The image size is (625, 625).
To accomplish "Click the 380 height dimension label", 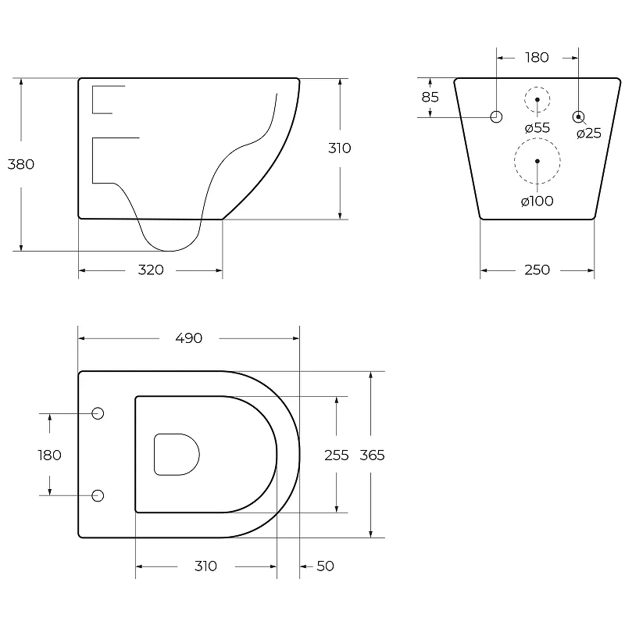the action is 21,164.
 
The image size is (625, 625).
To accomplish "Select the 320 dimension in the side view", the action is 151,270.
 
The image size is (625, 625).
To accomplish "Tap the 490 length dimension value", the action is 189,338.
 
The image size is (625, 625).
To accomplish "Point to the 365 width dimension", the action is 372,455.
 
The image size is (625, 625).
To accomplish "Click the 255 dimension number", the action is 337,455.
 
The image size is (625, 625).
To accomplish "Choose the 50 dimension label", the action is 325,566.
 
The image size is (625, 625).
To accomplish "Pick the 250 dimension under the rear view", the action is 537,270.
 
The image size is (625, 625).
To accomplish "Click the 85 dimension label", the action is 430,97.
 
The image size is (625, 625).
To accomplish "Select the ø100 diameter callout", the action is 537,201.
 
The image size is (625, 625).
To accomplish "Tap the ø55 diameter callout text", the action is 537,127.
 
